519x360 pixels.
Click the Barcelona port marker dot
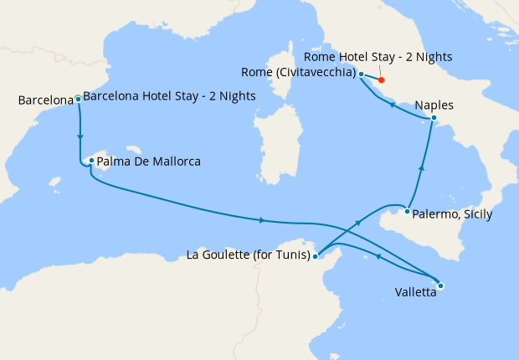[78, 99]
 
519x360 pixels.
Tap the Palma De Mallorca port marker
[91, 161]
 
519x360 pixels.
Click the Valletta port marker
[441, 285]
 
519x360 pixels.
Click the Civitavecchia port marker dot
[361, 75]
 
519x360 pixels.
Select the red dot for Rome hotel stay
[382, 80]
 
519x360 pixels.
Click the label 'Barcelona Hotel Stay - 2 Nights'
[170, 96]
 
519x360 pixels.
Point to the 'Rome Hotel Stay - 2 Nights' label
[378, 57]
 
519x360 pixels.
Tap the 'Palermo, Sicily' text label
[454, 215]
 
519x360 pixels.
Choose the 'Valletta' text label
[415, 292]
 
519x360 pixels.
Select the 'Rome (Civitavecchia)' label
[298, 72]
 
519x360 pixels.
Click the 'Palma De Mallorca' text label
[149, 161]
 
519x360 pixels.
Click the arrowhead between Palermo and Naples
[421, 170]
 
